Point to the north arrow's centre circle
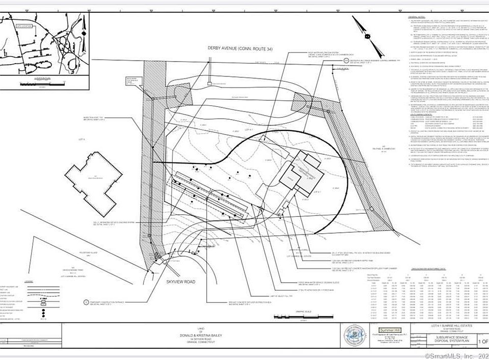[x=366, y=37]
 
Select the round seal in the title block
[x=356, y=338]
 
